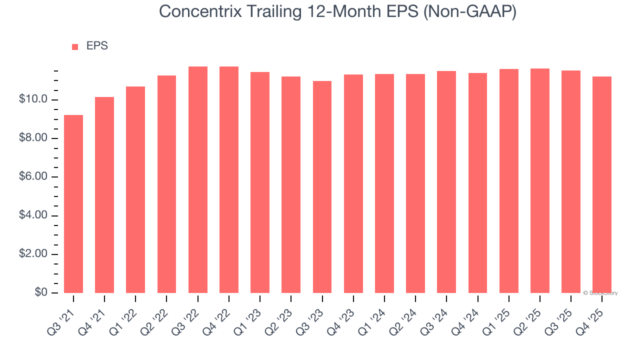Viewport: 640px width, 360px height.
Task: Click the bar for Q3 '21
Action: coord(73,204)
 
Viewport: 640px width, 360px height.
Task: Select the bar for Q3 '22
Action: coord(198,179)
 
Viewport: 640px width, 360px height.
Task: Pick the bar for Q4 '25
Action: coord(602,184)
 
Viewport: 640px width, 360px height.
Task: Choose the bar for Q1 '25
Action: coord(508,181)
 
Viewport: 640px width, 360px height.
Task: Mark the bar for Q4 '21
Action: coord(104,195)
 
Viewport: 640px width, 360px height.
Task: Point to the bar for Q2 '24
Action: coord(415,183)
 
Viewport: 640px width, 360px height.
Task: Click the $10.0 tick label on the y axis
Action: coord(33,99)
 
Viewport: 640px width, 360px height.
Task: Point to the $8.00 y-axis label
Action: coord(33,138)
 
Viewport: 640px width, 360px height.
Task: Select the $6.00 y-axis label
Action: coord(33,177)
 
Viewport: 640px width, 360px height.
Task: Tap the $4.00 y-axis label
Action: coord(33,215)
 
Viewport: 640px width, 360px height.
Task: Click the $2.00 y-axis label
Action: coord(33,254)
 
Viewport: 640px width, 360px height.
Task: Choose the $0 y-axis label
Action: coord(40,292)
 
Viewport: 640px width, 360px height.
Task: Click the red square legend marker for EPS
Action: coord(75,47)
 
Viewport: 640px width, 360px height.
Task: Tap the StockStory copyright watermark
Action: coord(600,293)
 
